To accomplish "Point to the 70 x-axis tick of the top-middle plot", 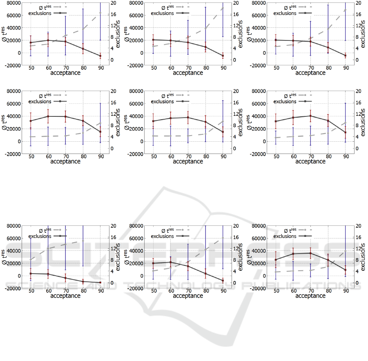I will [188, 67].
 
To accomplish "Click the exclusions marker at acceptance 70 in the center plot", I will [188, 118].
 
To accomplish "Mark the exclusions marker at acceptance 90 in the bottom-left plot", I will [100, 283].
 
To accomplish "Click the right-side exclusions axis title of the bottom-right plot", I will [363, 257].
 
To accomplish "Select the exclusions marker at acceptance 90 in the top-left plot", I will [100, 56].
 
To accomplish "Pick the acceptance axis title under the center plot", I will [188, 161].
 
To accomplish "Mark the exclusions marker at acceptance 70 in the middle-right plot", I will [310, 116].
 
